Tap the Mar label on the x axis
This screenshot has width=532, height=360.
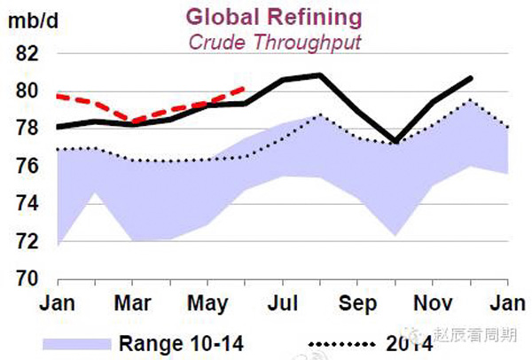pyautogui.click(x=132, y=303)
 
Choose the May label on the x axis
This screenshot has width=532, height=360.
pyautogui.click(x=207, y=303)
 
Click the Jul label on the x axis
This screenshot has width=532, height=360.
pyautogui.click(x=283, y=303)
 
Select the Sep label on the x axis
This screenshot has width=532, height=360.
pyautogui.click(x=357, y=303)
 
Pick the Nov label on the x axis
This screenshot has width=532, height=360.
pyautogui.click(x=433, y=303)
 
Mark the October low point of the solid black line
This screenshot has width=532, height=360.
pyautogui.click(x=395, y=141)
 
